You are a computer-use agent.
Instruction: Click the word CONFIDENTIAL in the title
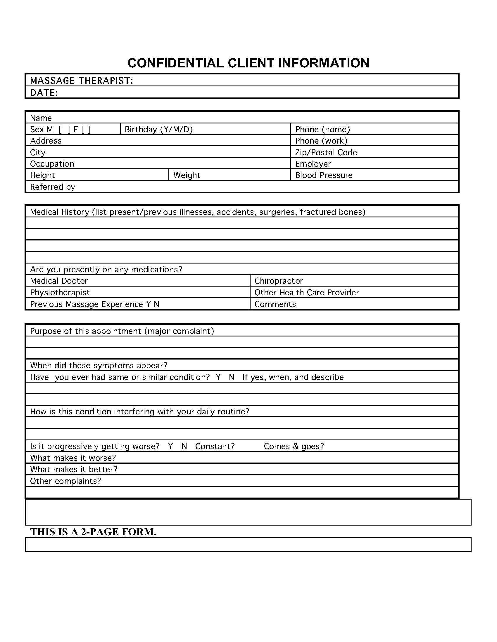point(175,63)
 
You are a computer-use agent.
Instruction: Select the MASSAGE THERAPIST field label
point(82,81)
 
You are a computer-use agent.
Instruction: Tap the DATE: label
point(44,93)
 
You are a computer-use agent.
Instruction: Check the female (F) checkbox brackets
point(86,129)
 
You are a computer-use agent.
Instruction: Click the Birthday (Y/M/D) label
point(159,129)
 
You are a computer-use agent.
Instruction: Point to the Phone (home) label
point(322,129)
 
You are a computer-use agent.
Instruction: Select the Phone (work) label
point(321,141)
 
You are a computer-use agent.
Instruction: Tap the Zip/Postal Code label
point(326,152)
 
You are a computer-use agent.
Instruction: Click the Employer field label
point(313,164)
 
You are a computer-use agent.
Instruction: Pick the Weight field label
point(187,175)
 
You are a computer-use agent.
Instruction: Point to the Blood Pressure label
point(324,175)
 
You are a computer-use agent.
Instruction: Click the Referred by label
point(52,187)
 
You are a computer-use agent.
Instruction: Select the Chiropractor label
point(279,281)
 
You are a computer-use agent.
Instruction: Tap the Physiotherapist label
point(60,292)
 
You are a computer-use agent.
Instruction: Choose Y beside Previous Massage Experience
point(149,304)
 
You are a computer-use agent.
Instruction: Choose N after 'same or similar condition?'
point(232,377)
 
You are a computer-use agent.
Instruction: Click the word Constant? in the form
point(215,446)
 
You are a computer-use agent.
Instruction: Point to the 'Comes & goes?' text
point(294,446)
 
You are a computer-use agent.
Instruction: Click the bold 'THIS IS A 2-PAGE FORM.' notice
point(93,532)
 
